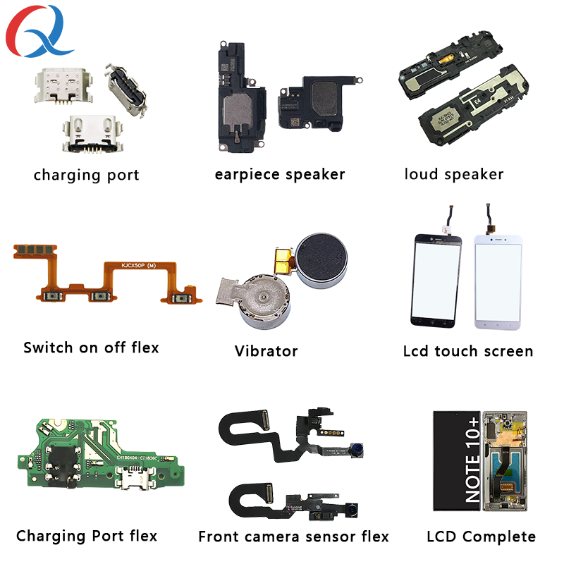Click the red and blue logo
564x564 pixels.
pyautogui.click(x=39, y=32)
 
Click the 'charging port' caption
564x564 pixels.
pyautogui.click(x=86, y=175)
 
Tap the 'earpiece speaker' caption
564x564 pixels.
pyautogui.click(x=280, y=174)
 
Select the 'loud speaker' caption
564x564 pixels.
pyautogui.click(x=454, y=174)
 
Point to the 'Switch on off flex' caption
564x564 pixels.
pyautogui.click(x=91, y=348)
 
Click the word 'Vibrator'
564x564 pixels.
pyautogui.click(x=266, y=350)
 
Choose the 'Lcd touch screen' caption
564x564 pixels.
pyautogui.click(x=467, y=350)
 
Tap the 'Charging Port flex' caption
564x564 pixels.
pyautogui.click(x=87, y=536)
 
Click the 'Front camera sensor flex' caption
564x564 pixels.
pyautogui.click(x=293, y=537)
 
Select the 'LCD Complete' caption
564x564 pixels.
pyautogui.click(x=481, y=537)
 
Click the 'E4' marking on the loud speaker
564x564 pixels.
pyautogui.click(x=477, y=101)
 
